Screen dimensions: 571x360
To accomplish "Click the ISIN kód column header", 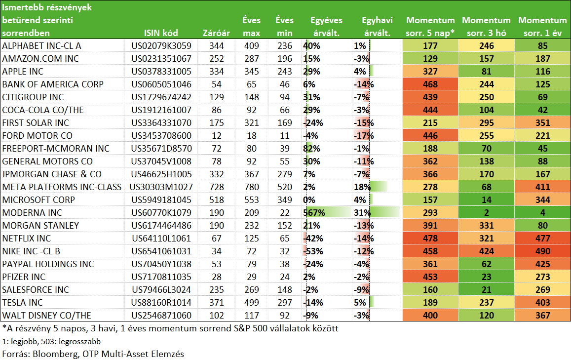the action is (x=160, y=33).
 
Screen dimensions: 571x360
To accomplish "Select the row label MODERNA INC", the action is (x=32, y=213).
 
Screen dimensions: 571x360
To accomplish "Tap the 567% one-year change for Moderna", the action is (x=314, y=213).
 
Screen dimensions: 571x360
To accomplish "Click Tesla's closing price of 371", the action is (x=217, y=303).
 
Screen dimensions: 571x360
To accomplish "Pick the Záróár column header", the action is (x=216, y=33).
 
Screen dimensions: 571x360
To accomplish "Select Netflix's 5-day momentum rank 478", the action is (x=430, y=239).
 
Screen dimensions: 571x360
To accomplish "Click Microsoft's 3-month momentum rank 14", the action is (x=487, y=200).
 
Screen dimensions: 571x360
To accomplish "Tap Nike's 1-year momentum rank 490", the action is (x=542, y=251).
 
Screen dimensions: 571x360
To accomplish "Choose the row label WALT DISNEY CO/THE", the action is (x=46, y=316).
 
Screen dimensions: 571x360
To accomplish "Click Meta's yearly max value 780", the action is (x=252, y=187).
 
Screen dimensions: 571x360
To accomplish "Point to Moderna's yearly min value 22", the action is (x=285, y=213).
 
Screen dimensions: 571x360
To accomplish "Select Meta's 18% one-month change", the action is (x=362, y=187).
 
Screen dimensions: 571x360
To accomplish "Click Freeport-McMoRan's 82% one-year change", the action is (x=312, y=149).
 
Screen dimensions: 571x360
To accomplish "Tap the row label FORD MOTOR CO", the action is (x=37, y=136).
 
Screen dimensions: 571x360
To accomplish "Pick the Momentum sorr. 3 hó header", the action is (x=486, y=27).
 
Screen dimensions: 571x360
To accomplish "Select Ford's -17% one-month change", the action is (x=364, y=136).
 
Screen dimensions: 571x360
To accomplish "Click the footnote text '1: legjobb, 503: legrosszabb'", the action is (x=51, y=342).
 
